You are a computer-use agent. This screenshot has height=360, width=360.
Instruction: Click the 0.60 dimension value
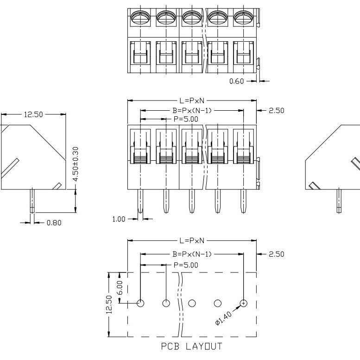(236, 81)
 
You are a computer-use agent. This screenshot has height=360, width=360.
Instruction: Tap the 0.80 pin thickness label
(54, 223)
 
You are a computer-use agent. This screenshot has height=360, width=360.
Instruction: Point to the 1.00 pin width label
(119, 219)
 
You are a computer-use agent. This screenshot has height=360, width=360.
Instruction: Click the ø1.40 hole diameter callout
(223, 318)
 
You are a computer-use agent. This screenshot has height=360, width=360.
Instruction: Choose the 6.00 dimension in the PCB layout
(120, 287)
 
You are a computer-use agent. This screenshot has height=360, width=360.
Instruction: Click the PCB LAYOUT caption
(191, 347)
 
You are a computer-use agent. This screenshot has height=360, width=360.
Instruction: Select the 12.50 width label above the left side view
(33, 114)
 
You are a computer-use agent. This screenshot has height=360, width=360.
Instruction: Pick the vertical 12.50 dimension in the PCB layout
(109, 304)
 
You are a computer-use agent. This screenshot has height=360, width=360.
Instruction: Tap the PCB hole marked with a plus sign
(243, 303)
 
